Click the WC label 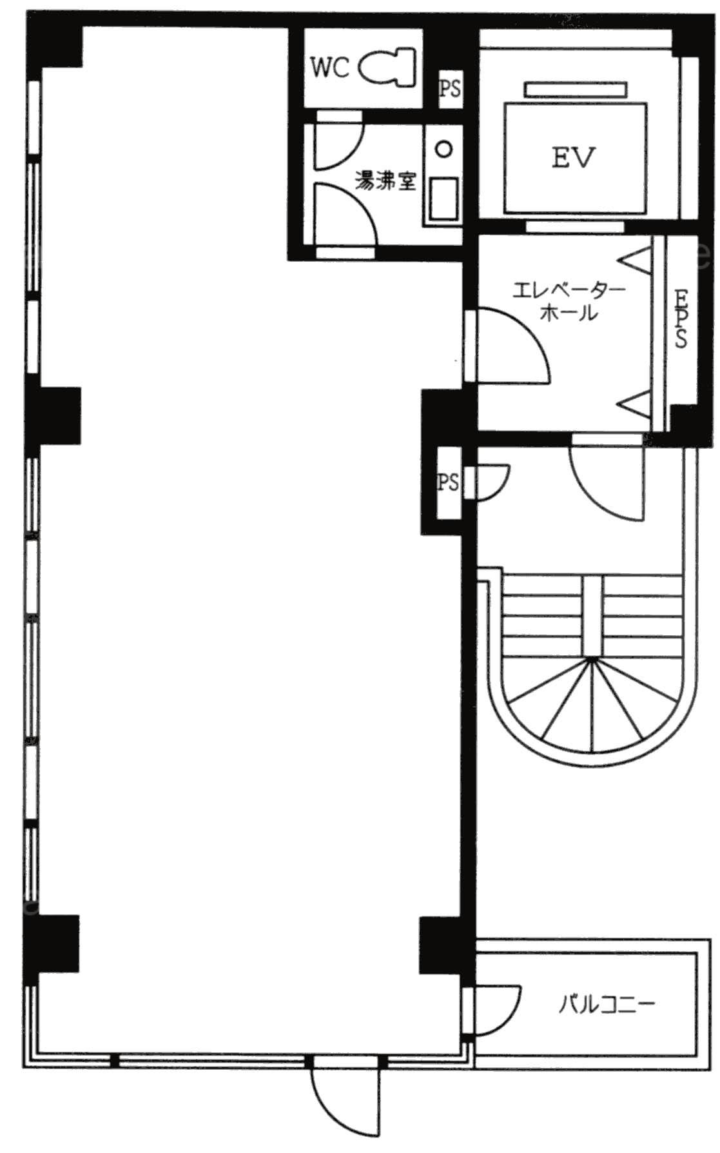coord(330,67)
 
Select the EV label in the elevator coord(574,157)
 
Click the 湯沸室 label coord(385,182)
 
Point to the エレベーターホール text coord(568,302)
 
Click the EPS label coord(680,318)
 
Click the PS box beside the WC coord(450,87)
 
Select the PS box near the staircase coord(449,482)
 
